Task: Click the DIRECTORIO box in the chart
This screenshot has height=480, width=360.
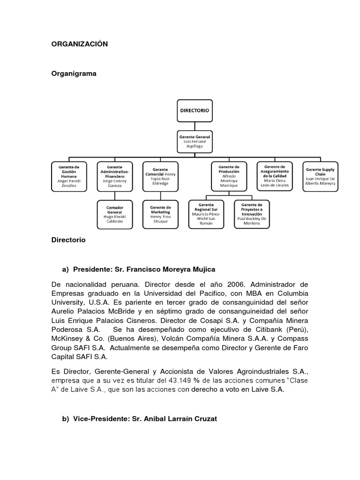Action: click(x=195, y=111)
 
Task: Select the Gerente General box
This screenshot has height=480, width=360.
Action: click(x=195, y=141)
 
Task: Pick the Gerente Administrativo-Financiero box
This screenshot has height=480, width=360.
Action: click(x=114, y=176)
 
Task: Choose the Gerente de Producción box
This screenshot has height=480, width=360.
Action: click(x=229, y=176)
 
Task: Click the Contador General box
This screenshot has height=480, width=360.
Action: click(x=114, y=214)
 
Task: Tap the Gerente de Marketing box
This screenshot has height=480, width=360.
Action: click(x=160, y=214)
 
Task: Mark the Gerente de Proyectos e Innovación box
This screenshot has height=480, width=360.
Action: click(x=252, y=214)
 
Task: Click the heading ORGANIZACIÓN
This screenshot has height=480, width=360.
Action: click(x=79, y=44)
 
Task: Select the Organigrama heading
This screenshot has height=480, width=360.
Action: click(x=74, y=74)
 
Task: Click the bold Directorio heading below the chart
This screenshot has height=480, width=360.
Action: click(x=68, y=240)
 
